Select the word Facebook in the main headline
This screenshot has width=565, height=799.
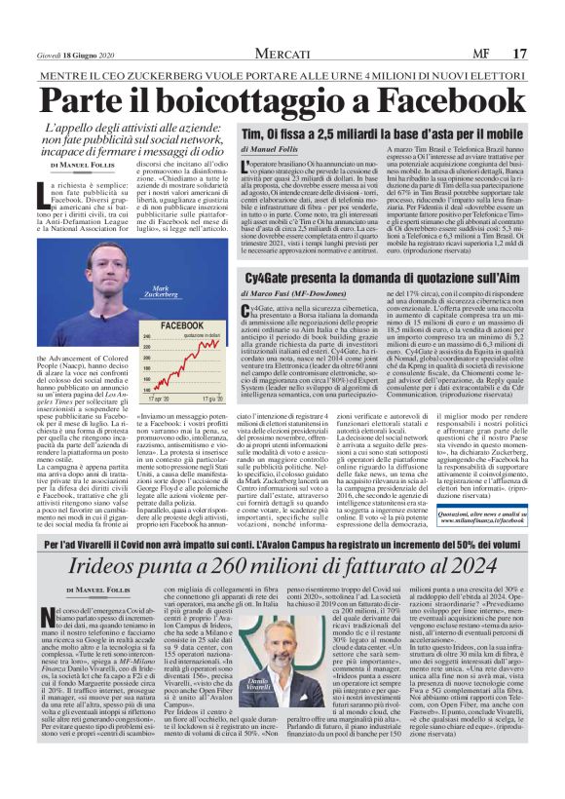point(449,99)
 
